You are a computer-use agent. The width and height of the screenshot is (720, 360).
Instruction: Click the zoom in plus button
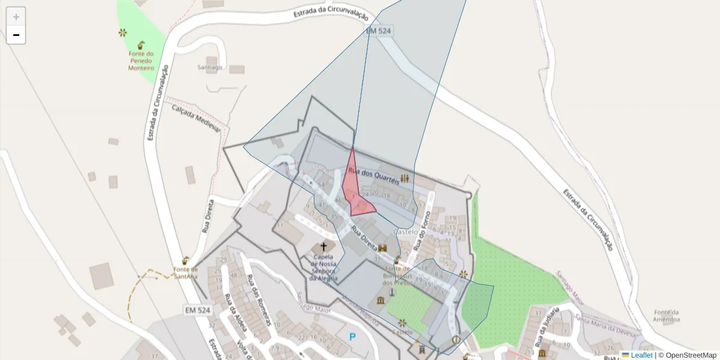(x=16, y=17)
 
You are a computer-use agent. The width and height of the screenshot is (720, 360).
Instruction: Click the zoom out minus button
(x=16, y=35)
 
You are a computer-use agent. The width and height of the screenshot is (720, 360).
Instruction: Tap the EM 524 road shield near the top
(x=379, y=30)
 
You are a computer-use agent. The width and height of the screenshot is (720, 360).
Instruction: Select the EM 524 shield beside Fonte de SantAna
(x=197, y=310)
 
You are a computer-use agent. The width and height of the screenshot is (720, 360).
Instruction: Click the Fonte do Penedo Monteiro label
(x=141, y=61)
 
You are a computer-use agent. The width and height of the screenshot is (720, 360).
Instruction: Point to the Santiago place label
(x=210, y=67)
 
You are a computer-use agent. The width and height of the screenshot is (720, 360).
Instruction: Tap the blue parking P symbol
(x=352, y=337)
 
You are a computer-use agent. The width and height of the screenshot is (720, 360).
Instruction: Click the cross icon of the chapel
(x=324, y=247)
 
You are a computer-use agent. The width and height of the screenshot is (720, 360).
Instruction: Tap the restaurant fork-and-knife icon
(x=406, y=178)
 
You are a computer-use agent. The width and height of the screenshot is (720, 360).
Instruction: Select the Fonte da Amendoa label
(x=667, y=316)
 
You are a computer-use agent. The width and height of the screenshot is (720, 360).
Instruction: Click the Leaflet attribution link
(x=641, y=355)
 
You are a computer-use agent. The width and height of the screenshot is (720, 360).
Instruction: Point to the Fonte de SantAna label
(x=186, y=273)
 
